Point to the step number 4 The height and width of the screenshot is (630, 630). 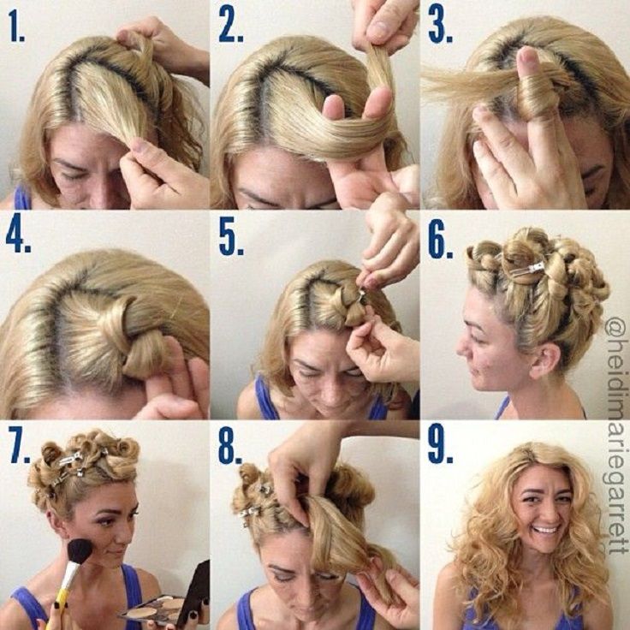click(x=19, y=239)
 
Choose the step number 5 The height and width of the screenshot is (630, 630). click(x=231, y=242)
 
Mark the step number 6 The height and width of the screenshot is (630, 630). click(x=440, y=245)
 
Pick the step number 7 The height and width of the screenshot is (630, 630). click(x=21, y=448)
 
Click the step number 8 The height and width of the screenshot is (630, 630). click(x=230, y=451)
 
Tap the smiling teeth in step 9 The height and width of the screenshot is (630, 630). click(x=545, y=530)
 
